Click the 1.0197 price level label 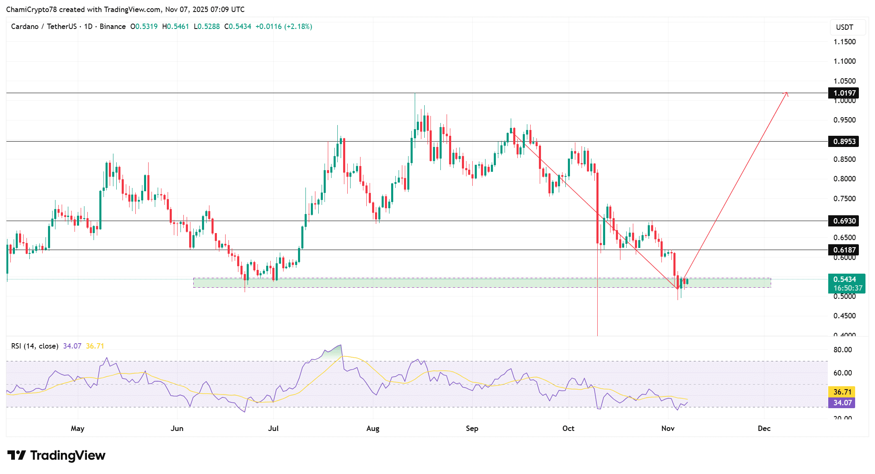844,93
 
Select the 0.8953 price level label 844,142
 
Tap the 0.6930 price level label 844,221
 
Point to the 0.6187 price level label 844,250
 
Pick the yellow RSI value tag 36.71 842,392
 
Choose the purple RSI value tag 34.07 842,403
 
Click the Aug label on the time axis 373,428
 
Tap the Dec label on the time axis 764,428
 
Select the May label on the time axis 77,428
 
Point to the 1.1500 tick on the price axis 844,42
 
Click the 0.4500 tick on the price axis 844,316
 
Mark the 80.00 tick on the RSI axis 842,350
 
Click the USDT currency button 844,27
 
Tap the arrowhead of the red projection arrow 786,93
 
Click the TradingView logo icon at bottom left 17,455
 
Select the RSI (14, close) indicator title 35,346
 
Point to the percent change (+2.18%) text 298,26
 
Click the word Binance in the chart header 113,26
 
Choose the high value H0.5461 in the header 175,26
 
